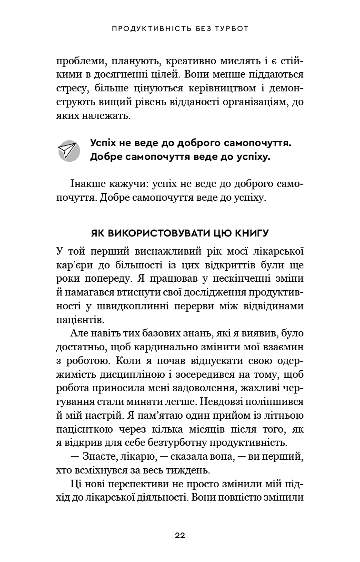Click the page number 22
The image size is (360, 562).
(x=180, y=535)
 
